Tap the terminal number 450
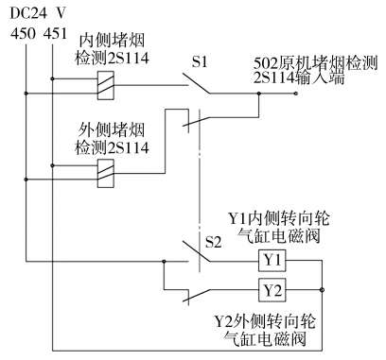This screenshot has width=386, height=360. (22, 35)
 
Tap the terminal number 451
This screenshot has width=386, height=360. (56, 35)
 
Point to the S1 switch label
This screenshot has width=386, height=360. (199, 63)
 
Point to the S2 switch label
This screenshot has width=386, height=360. (214, 242)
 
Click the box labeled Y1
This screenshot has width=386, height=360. (272, 259)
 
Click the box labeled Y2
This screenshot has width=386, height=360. (272, 288)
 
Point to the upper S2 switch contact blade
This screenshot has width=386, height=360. (199, 252)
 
